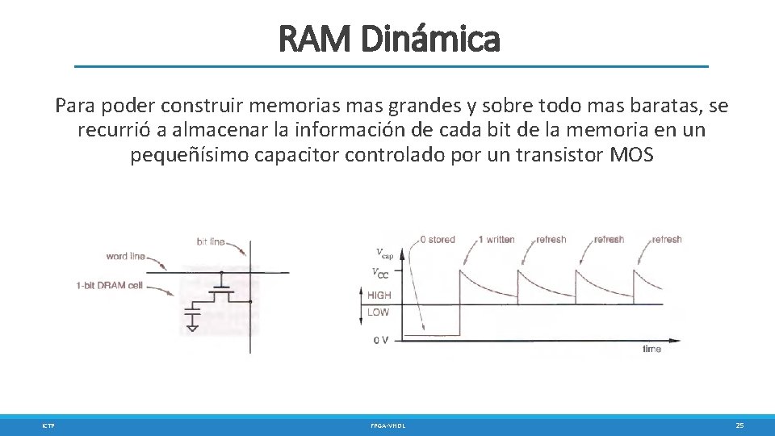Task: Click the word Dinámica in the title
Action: [x=431, y=38]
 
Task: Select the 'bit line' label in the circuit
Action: [x=211, y=241]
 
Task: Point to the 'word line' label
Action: [x=126, y=257]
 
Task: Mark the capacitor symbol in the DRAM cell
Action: [x=192, y=308]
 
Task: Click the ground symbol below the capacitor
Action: [x=192, y=326]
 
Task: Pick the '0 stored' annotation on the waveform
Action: [x=437, y=240]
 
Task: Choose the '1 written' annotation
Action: [x=496, y=240]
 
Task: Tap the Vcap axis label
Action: [x=384, y=253]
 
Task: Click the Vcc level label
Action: [x=380, y=273]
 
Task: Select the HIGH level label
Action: [x=379, y=296]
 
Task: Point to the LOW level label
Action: [x=378, y=312]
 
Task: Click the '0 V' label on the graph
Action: [x=380, y=340]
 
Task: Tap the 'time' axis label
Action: [x=651, y=349]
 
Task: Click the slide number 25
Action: [x=739, y=425]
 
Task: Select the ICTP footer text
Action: [x=48, y=425]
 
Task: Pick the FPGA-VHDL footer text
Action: [x=387, y=425]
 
